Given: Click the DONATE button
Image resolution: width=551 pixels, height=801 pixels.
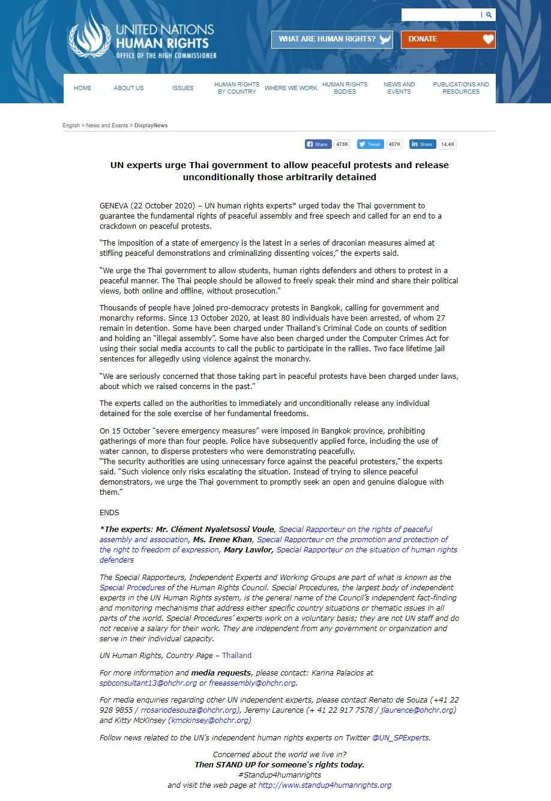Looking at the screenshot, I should click(448, 40).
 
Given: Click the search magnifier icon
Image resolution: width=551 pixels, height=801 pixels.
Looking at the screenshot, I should click(489, 15).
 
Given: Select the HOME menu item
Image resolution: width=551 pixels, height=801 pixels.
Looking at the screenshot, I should click(83, 88).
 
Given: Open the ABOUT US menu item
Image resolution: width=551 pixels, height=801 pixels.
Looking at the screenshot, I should click(129, 88).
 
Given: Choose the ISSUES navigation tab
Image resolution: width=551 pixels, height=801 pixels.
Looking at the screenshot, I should click(183, 88).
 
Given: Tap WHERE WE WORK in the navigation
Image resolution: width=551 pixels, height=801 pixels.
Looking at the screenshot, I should click(291, 88).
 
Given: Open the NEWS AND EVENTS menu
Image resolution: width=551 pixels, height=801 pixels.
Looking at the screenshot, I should click(399, 88).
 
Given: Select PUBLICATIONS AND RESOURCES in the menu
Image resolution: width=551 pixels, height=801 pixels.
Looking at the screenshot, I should click(461, 88).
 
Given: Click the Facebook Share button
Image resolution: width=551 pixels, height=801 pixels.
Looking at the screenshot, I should click(318, 144).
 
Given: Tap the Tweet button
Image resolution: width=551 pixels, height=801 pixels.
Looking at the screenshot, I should click(370, 144).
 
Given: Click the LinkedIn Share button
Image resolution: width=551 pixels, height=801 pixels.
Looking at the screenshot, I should click(423, 144).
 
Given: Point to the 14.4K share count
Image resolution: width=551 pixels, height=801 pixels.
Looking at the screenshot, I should click(448, 144).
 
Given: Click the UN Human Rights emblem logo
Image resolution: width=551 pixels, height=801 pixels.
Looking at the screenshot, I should click(89, 35).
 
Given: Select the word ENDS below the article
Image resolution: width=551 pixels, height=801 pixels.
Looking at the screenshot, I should click(109, 513).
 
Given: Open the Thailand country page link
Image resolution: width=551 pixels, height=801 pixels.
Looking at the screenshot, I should click(237, 656).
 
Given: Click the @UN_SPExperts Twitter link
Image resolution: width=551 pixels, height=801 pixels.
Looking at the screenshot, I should click(400, 738).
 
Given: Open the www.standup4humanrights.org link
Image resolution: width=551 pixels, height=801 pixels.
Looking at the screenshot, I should click(325, 785).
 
